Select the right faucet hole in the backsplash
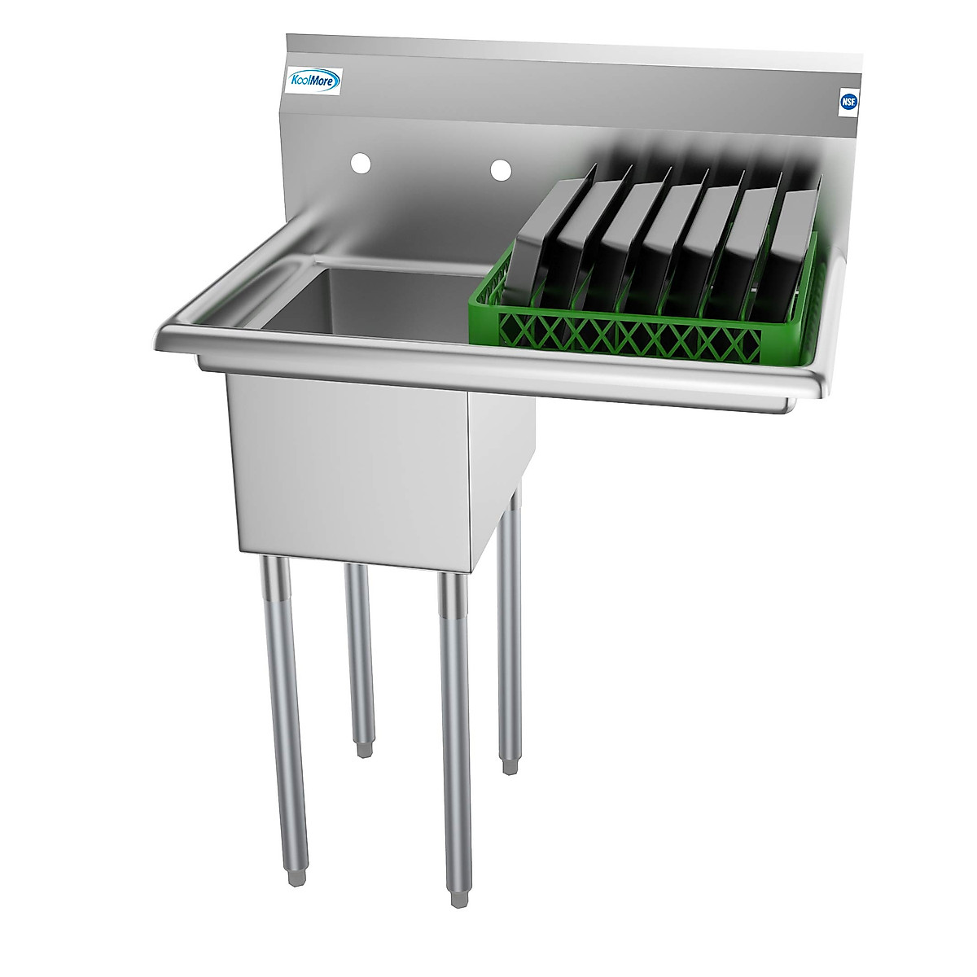pyautogui.click(x=501, y=169)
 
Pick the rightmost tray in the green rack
pyautogui.click(x=794, y=244)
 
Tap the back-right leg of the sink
pyautogui.click(x=510, y=627)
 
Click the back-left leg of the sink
pyautogui.click(x=359, y=651)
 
